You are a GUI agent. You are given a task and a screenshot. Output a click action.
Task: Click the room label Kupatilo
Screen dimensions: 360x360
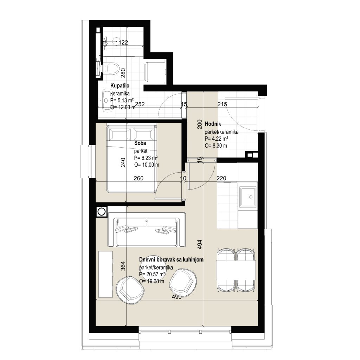120,86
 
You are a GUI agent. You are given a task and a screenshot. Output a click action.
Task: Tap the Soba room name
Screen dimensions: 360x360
140,143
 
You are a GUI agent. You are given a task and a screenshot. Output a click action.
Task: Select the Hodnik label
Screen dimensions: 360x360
213,124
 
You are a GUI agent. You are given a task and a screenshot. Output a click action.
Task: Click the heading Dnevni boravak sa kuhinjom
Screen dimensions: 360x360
171,260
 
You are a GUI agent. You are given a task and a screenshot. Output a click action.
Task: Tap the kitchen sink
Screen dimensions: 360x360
248,197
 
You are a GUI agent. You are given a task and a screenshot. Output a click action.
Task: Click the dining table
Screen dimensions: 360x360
236,270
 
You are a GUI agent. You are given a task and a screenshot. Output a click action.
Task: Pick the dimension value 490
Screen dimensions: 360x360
177,297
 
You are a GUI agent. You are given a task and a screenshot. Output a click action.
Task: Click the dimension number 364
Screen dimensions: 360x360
123,266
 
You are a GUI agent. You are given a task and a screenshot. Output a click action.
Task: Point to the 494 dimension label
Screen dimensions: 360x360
200,245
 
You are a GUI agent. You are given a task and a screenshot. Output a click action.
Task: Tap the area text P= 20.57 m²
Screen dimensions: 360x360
152,274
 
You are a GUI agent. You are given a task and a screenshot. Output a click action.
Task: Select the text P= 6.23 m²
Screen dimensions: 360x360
146,158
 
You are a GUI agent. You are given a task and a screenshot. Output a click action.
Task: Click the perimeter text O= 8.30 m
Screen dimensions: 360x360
216,146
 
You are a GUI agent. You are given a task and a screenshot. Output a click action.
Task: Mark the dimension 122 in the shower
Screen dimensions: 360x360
123,43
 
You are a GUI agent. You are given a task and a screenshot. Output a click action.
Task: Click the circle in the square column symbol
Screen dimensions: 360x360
102,211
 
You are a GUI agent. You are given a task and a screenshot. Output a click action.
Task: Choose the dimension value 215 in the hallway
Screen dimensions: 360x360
222,104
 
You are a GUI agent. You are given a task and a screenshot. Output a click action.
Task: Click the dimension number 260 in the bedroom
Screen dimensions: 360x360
139,178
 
